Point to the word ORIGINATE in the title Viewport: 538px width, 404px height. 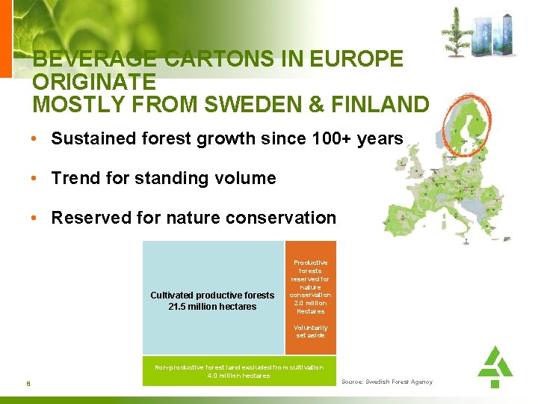tap(94, 81)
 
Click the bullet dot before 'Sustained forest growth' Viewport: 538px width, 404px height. tap(35, 139)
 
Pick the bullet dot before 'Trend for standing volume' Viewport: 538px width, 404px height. tap(35, 179)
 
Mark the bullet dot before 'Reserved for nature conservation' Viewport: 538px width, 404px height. tap(35, 218)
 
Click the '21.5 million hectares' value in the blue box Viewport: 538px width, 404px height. tap(213, 307)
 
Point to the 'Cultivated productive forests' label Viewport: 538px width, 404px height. tap(212, 296)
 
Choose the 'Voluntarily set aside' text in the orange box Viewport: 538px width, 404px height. tap(310, 331)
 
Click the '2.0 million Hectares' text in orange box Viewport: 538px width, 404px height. tap(310, 307)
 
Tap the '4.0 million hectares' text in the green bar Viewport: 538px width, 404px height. tap(239, 376)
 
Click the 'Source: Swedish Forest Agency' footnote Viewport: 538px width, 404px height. tap(387, 382)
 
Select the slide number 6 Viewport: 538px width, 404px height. tap(28, 385)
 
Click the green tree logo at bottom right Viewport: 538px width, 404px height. tap(495, 366)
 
